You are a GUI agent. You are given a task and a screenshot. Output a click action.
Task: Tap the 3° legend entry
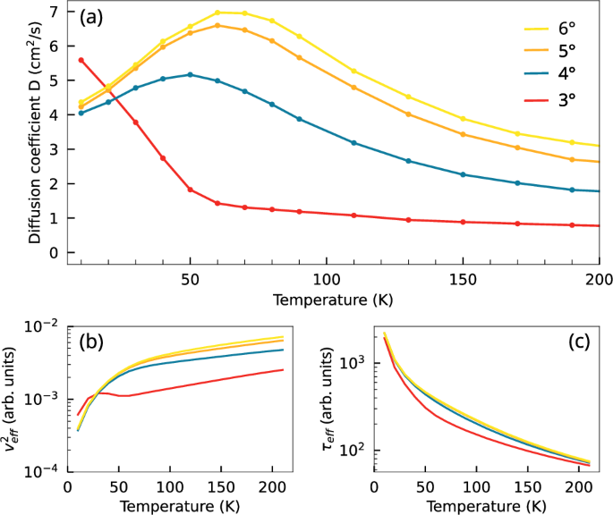(566, 102)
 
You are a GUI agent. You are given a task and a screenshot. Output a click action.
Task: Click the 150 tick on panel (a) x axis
(463, 277)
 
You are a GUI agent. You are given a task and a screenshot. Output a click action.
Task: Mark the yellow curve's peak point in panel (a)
(217, 13)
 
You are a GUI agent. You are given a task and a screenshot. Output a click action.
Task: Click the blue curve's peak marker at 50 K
(190, 74)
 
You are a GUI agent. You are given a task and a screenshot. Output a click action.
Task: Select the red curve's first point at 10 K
(81, 60)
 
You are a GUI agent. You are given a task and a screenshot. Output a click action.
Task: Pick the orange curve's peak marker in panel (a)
(217, 25)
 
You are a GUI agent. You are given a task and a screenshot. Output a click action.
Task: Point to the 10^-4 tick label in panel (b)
(42, 470)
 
